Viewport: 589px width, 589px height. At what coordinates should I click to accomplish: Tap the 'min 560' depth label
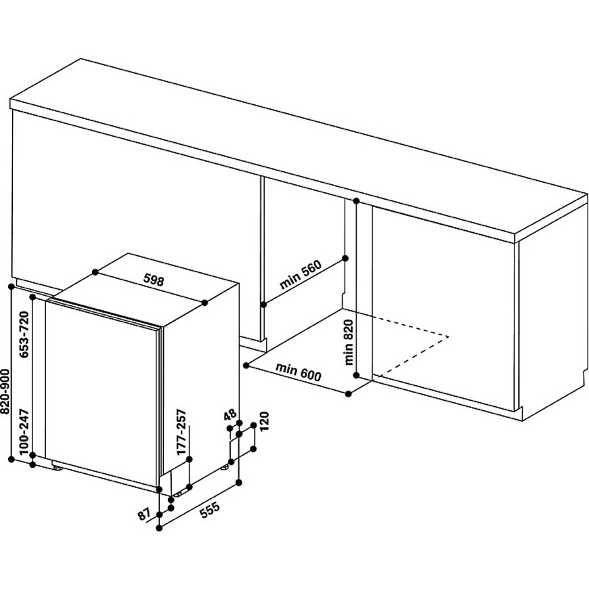(x=301, y=275)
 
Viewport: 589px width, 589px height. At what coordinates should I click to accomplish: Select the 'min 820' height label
(x=349, y=342)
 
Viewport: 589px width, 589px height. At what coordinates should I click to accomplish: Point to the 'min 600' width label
(x=299, y=371)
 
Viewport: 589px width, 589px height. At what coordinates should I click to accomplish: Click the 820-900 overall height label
(x=5, y=391)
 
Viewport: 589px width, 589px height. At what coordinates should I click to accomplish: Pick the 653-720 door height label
(x=24, y=334)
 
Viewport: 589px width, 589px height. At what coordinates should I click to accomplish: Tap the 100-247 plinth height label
(x=24, y=432)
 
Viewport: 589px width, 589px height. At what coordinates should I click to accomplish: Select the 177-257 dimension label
(x=182, y=432)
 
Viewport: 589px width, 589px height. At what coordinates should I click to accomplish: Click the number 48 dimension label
(x=230, y=415)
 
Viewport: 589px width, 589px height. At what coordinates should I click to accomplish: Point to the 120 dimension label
(x=265, y=422)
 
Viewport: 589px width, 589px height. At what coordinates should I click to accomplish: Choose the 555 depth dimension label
(x=209, y=511)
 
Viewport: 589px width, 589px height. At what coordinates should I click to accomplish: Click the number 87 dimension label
(x=144, y=515)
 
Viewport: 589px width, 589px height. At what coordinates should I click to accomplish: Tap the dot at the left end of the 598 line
(x=95, y=271)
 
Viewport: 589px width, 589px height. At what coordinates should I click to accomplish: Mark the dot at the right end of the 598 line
(x=204, y=303)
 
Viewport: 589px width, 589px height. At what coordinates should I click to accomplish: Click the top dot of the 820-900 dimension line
(x=12, y=286)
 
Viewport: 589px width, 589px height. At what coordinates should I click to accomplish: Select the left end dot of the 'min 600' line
(x=246, y=365)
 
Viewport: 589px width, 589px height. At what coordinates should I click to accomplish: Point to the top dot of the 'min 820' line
(x=356, y=201)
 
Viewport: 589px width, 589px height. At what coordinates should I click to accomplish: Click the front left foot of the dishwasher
(x=58, y=468)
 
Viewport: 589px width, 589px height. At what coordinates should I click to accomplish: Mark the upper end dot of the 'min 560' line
(x=345, y=258)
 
